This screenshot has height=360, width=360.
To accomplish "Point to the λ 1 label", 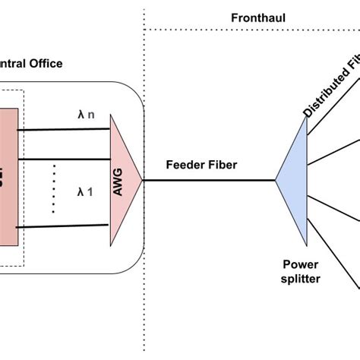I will [85, 192].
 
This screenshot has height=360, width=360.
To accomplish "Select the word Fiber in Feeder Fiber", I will [224, 164].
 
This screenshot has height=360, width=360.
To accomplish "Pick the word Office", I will [42, 63].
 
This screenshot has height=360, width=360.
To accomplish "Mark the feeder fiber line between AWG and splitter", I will [209, 180].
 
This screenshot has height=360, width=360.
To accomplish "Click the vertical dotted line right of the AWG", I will [144, 228].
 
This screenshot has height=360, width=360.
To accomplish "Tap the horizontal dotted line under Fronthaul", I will [251, 30].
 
